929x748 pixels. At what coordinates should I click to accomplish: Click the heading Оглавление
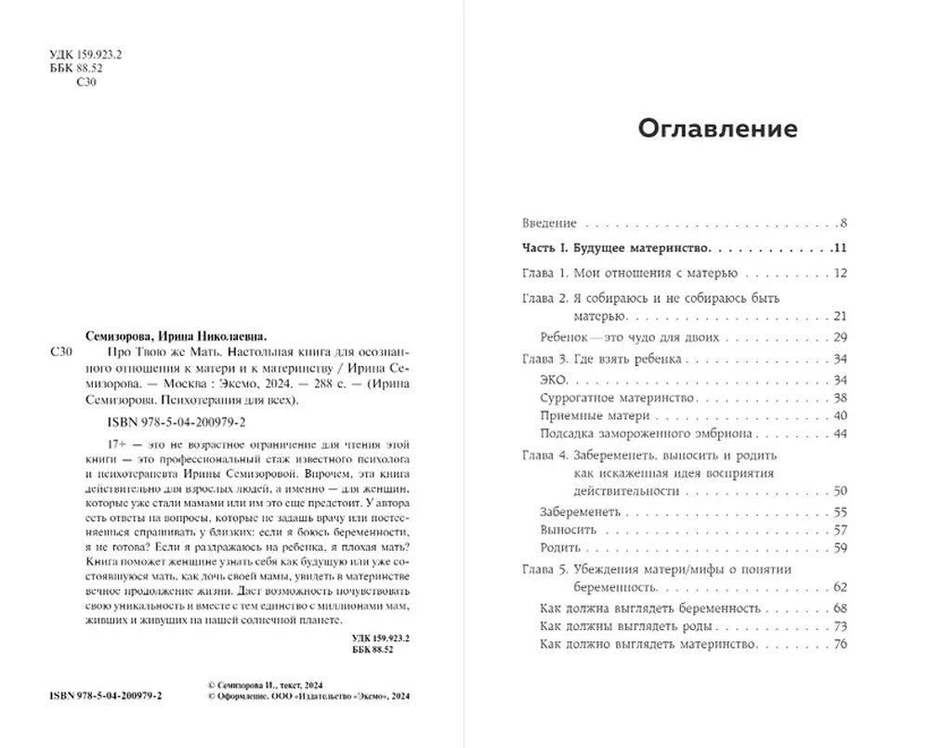[717, 128]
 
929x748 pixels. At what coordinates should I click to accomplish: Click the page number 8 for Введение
[844, 223]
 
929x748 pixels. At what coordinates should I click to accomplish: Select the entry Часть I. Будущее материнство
[613, 248]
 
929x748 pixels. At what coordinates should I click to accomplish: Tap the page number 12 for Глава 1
[842, 273]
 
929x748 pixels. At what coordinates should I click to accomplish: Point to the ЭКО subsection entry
[553, 380]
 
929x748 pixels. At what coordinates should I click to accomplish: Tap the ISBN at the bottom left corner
[105, 697]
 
